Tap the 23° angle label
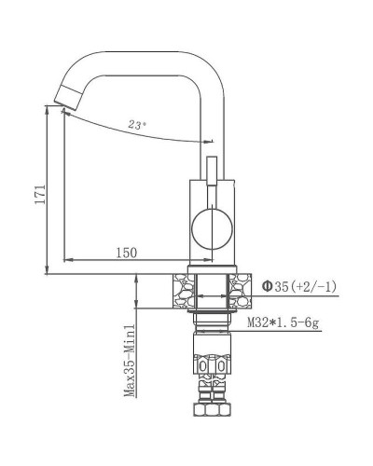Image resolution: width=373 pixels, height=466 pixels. [138, 123]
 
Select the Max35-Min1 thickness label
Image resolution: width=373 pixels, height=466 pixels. [131, 359]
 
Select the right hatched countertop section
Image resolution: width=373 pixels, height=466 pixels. [241, 289]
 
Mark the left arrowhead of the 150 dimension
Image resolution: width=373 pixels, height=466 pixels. [65, 259]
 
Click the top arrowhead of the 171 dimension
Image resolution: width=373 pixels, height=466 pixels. [47, 108]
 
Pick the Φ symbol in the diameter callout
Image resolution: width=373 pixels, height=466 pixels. [267, 286]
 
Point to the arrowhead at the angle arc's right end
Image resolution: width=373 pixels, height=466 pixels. [207, 141]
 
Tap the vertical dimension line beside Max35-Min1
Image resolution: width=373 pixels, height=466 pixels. [138, 354]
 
